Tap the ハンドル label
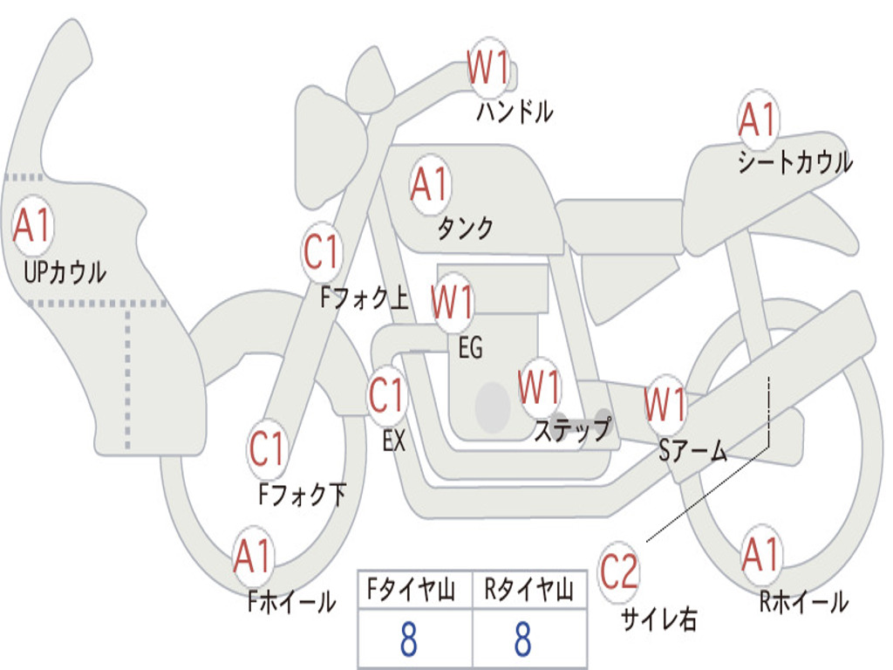pos(515,111)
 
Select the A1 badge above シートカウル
pos(758,119)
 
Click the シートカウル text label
pos(795,161)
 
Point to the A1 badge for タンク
pos(431,185)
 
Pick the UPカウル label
pos(65,272)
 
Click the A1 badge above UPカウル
pos(33,226)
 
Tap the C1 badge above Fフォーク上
pos(322,251)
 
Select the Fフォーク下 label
pos(303,494)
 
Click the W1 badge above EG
pos(453,301)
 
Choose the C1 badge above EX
pos(387,395)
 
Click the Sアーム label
pos(692,451)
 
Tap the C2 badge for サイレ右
pos(618,571)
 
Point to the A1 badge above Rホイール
pos(760,554)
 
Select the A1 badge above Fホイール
pos(253,556)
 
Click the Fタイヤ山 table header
pos(412,590)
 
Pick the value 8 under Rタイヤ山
pos(523,639)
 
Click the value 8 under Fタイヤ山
pos(409,639)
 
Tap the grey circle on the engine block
pos(493,407)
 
